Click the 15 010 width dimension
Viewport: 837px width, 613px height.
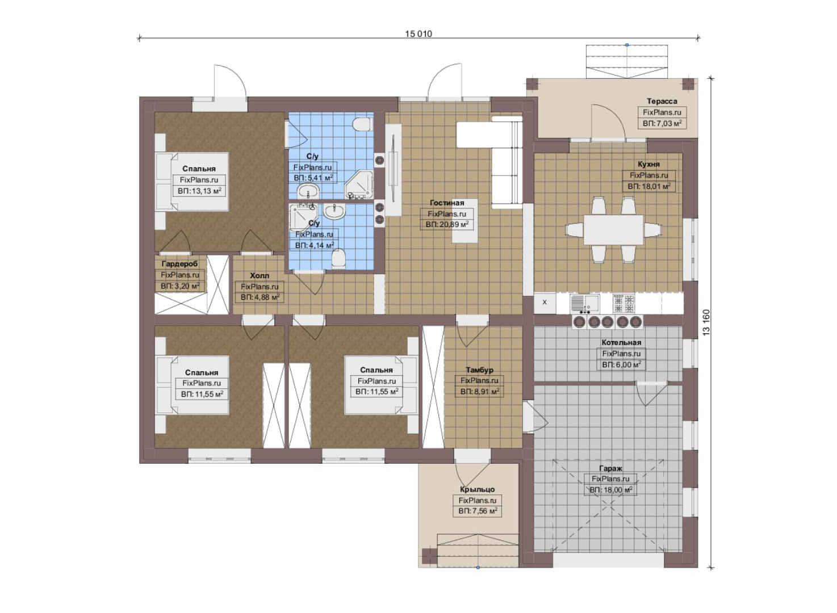tap(418, 34)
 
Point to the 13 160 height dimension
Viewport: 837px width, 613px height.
tap(706, 322)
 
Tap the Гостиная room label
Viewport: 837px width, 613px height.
tap(447, 203)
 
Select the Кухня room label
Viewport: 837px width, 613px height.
tap(648, 164)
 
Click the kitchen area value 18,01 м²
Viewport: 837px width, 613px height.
tap(648, 186)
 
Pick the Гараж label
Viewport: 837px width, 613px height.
tap(610, 468)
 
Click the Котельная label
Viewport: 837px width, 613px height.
tap(621, 342)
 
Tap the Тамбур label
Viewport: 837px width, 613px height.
tap(479, 370)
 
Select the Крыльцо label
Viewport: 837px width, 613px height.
tap(477, 489)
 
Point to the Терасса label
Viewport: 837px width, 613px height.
tap(662, 101)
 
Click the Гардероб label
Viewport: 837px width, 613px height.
tap(180, 264)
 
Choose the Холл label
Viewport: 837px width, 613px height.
tap(260, 276)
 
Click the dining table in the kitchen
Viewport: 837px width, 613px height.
tap(613, 230)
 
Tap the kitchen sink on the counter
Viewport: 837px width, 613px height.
tap(585, 304)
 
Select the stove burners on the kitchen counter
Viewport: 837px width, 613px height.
tap(623, 303)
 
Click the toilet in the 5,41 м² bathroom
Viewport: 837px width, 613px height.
tap(362, 124)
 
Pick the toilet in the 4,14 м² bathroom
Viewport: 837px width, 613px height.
tap(338, 258)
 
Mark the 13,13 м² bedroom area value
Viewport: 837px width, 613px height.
tap(199, 191)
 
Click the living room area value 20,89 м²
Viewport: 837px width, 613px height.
tap(447, 225)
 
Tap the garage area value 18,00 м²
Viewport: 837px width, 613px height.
tap(610, 490)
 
